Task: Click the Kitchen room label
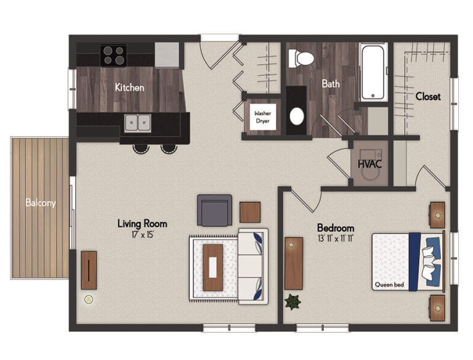(129, 88)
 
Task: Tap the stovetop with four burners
(113, 55)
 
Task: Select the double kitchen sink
(139, 123)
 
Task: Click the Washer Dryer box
(263, 117)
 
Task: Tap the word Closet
(427, 97)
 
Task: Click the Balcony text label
(40, 203)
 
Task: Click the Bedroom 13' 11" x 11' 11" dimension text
(336, 237)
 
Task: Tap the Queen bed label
(389, 285)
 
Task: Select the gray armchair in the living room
(214, 210)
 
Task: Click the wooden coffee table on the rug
(213, 267)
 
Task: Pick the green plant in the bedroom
(293, 302)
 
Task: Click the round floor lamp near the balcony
(89, 300)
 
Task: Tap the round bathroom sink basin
(296, 116)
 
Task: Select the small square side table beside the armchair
(250, 212)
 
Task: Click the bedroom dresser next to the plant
(294, 263)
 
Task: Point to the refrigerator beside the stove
(167, 55)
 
